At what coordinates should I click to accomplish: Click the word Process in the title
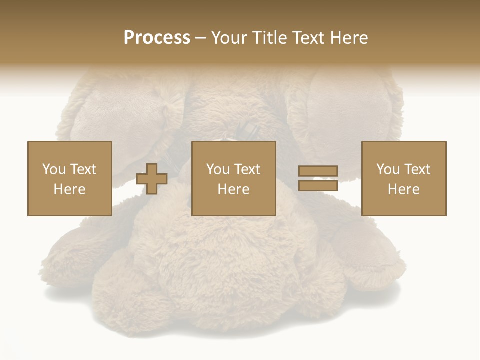pos(157,38)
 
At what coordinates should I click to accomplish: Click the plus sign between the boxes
pos(152,179)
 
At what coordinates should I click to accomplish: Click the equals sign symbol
pos(318,178)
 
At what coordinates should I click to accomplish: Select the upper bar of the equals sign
pos(318,171)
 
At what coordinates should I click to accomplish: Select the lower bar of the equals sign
pos(318,186)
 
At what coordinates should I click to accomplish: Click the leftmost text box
pos(70,178)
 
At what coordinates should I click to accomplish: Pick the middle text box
pos(233,178)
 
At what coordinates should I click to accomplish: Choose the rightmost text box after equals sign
pos(403,178)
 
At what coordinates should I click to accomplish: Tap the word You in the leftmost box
pos(54,169)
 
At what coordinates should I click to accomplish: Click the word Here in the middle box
pos(233,189)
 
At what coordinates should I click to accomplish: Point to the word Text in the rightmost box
pos(417,169)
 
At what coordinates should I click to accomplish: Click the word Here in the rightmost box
pos(403,189)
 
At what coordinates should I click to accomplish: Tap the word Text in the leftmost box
pos(83,169)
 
